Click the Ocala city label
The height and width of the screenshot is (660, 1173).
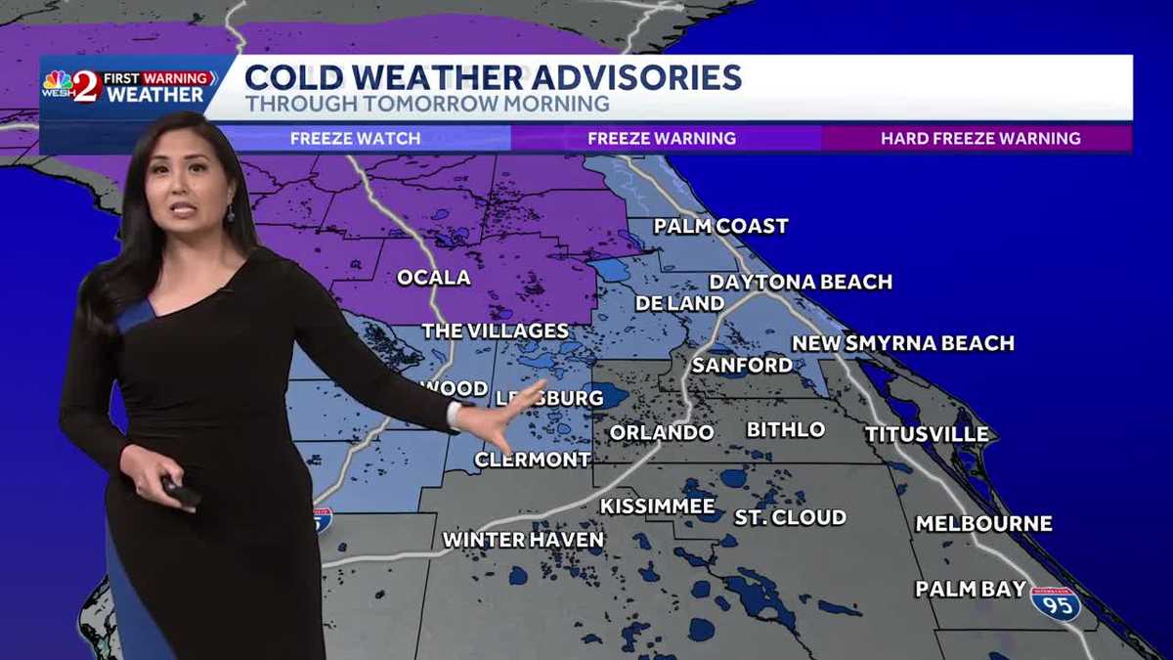(x=433, y=278)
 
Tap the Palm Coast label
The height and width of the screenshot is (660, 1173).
(x=720, y=227)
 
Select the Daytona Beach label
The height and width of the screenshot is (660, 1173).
(x=801, y=282)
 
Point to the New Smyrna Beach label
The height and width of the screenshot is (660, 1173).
(x=902, y=343)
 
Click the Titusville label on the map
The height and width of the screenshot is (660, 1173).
(x=927, y=434)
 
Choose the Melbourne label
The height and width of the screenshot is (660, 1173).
(x=983, y=524)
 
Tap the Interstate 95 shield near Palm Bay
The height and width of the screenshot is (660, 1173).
(x=1056, y=603)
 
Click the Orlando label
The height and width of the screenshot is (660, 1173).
(x=662, y=432)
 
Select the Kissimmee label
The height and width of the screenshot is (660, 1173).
(x=657, y=506)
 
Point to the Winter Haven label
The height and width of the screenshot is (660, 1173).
(x=523, y=540)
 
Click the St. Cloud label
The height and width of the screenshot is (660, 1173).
(x=790, y=517)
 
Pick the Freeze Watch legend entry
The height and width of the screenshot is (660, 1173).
(x=355, y=139)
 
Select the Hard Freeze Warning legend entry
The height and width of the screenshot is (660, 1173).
(x=980, y=139)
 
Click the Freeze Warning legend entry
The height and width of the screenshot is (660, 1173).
(x=662, y=139)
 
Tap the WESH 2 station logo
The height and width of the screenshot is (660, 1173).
(x=73, y=86)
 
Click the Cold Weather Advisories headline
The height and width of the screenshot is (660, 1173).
(x=492, y=77)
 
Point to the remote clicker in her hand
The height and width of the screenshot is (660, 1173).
(x=182, y=492)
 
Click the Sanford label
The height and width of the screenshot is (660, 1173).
(x=742, y=365)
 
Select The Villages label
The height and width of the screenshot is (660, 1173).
(x=495, y=331)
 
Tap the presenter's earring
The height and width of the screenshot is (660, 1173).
(x=231, y=212)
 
